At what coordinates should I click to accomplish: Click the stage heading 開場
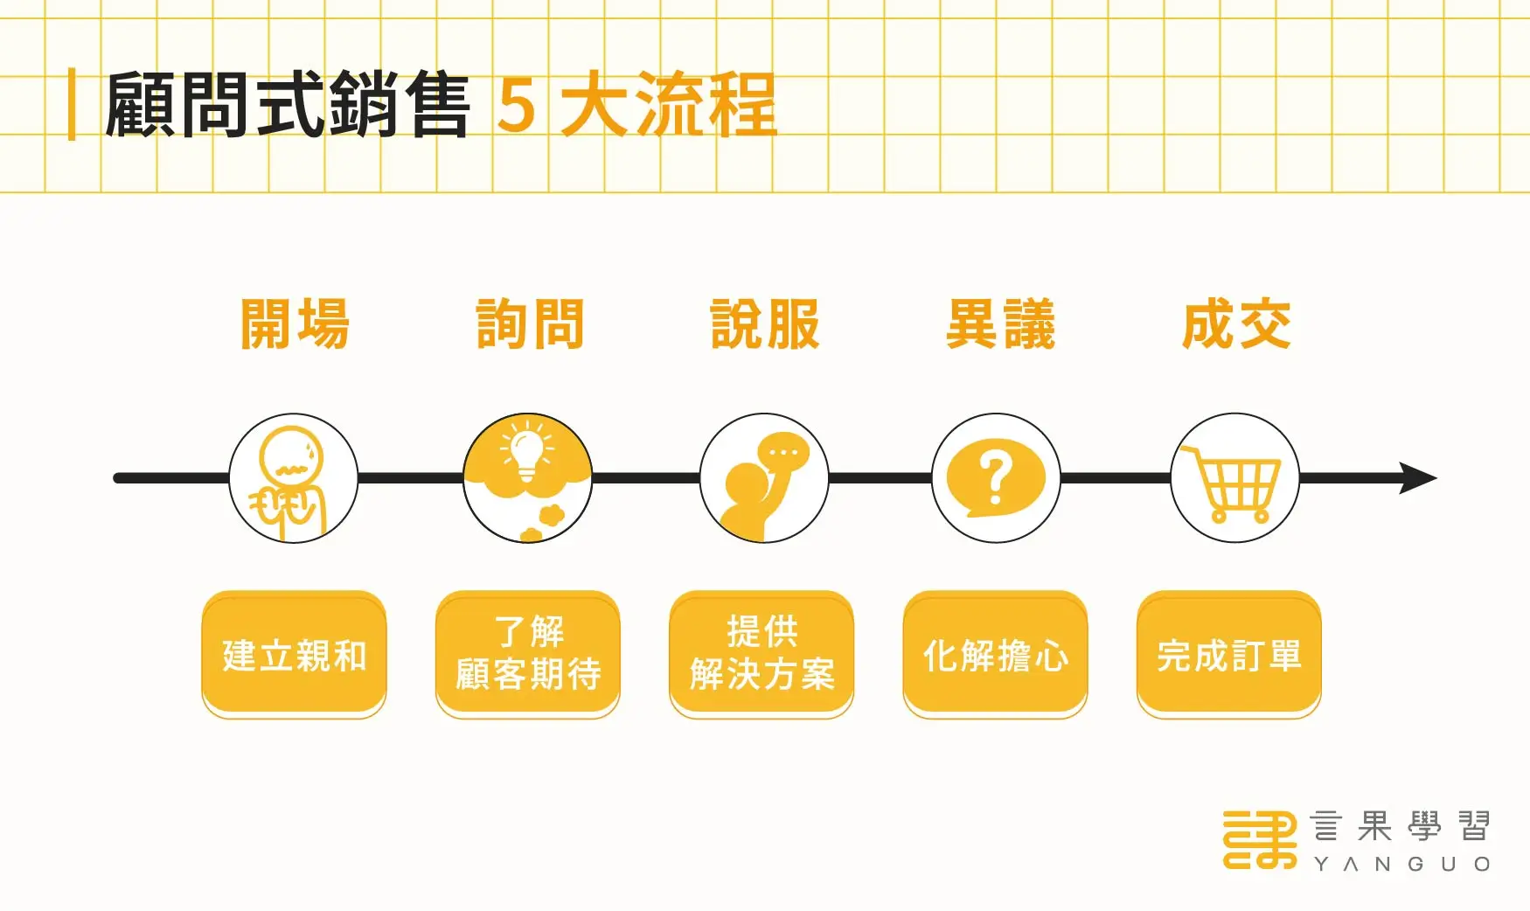point(295,324)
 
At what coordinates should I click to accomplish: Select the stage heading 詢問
point(530,324)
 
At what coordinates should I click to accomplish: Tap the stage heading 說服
point(765,324)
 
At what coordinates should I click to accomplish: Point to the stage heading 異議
point(1000,324)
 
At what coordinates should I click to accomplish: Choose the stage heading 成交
point(1236,324)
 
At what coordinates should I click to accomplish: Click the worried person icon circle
point(294,478)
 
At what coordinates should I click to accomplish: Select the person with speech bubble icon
point(764,478)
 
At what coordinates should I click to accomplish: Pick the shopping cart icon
point(1234,480)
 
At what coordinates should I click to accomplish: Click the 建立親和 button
point(294,655)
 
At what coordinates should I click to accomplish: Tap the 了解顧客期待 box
point(528,655)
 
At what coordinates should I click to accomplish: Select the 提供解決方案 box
point(762,655)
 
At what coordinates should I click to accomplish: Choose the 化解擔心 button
point(995,655)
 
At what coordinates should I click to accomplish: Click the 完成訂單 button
point(1229,655)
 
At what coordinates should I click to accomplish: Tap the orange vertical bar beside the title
point(72,105)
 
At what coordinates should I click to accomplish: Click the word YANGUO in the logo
point(1401,864)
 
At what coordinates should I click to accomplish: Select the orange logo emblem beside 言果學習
point(1260,839)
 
